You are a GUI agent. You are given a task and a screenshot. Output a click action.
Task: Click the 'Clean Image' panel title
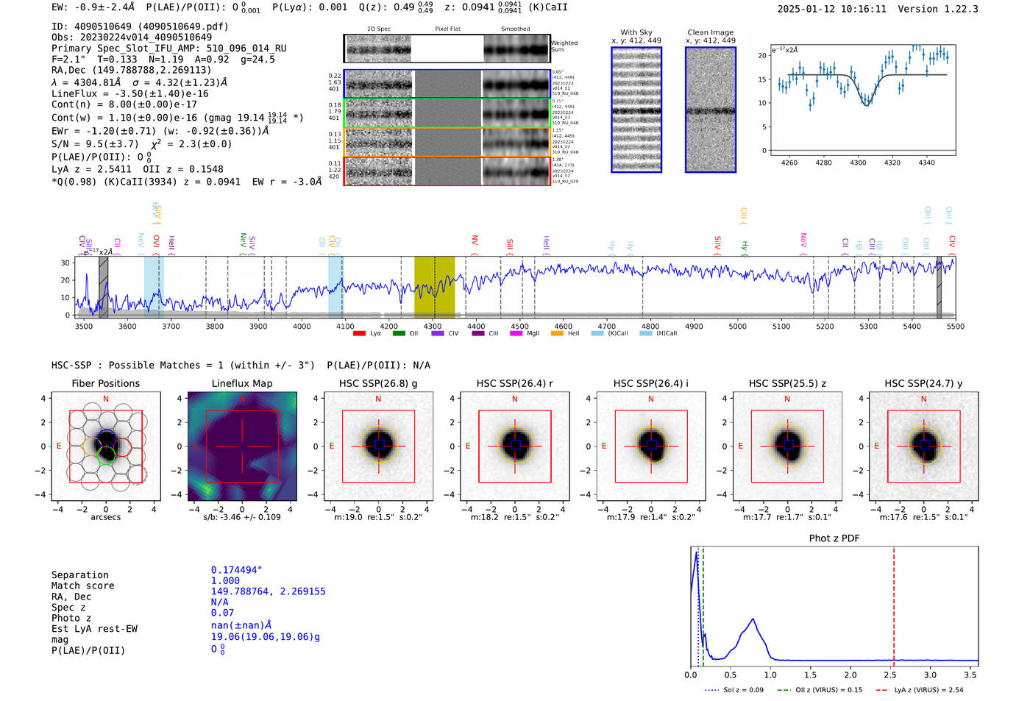pyautogui.click(x=710, y=32)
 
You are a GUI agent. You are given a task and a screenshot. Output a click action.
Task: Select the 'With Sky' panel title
pyautogui.click(x=636, y=32)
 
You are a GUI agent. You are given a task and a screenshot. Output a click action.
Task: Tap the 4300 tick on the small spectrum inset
pyautogui.click(x=858, y=162)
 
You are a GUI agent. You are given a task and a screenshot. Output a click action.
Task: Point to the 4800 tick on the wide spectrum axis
pyautogui.click(x=650, y=326)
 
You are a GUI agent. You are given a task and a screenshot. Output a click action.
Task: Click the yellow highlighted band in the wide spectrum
pyautogui.click(x=434, y=287)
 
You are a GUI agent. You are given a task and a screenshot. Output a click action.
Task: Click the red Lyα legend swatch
pyautogui.click(x=359, y=333)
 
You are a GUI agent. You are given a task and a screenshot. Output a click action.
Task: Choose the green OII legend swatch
pyautogui.click(x=399, y=333)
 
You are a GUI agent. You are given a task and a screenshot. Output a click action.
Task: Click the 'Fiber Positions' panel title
pyautogui.click(x=105, y=383)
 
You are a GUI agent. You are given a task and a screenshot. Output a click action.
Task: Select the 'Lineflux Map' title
pyautogui.click(x=241, y=383)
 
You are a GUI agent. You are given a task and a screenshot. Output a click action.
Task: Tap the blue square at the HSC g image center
pyautogui.click(x=379, y=445)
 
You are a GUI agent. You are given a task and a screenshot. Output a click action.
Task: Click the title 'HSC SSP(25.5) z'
pyautogui.click(x=787, y=383)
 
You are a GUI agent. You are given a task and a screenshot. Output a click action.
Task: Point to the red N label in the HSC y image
pyautogui.click(x=923, y=399)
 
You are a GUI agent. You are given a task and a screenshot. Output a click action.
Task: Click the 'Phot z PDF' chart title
pyautogui.click(x=834, y=538)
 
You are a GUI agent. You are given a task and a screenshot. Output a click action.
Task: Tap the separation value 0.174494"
pyautogui.click(x=236, y=570)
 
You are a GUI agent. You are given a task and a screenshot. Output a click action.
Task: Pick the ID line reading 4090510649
pyautogui.click(x=140, y=26)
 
